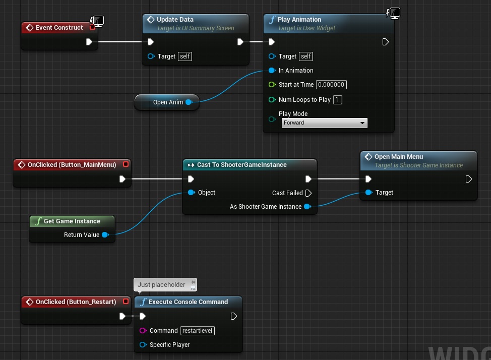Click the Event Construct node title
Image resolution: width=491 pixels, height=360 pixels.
[x=59, y=28]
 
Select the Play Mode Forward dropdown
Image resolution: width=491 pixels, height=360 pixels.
[x=325, y=123]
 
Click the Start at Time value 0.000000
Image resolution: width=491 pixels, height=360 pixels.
[x=331, y=85]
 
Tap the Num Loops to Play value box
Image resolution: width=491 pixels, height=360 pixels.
[x=338, y=100]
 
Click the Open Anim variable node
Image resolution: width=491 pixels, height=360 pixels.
[x=167, y=102]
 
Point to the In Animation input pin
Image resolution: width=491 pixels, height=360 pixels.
[x=272, y=71]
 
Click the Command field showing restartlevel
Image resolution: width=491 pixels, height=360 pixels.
[x=198, y=331]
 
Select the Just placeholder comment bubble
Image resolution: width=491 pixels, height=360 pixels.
[x=165, y=284]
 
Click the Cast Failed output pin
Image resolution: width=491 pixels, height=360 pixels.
[x=309, y=193]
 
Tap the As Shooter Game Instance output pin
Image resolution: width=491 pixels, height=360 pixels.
[x=308, y=207]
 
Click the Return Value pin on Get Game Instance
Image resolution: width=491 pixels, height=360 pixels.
[x=105, y=234]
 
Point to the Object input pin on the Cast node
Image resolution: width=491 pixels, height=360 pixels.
[x=192, y=193]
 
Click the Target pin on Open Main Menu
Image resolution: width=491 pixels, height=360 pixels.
[x=369, y=193]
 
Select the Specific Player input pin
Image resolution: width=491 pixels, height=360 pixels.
[x=143, y=345]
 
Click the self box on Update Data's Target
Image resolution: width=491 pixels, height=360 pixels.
[x=185, y=56]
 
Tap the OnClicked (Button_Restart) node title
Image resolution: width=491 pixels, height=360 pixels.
[x=76, y=302]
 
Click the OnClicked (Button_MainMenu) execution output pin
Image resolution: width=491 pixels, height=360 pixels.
[x=122, y=179]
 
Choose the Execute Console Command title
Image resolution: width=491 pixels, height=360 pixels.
[x=188, y=302]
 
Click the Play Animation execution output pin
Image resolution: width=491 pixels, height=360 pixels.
[x=386, y=42]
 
